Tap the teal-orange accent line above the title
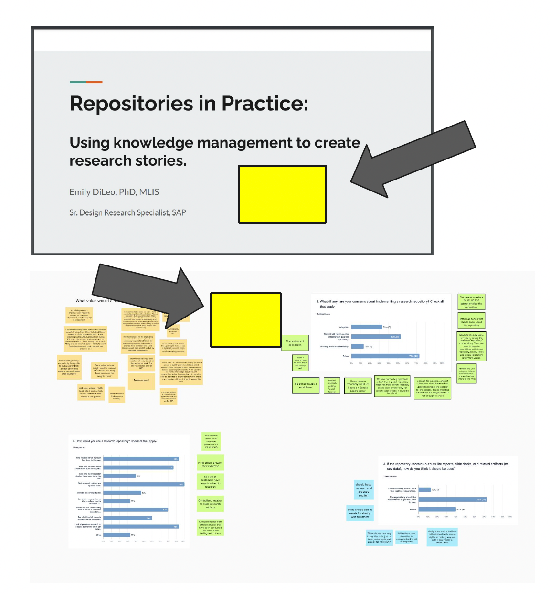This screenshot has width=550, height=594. (86, 82)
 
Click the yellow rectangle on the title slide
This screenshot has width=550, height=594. (282, 194)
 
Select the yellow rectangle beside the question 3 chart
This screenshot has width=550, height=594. (245, 319)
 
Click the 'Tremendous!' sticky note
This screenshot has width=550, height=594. (141, 381)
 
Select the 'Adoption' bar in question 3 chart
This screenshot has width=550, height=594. (367, 327)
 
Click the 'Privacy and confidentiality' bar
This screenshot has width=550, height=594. (357, 346)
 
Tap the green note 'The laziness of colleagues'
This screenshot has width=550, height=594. (295, 343)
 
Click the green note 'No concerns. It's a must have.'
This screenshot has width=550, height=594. (306, 385)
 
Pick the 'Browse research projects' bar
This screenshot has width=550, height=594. (122, 493)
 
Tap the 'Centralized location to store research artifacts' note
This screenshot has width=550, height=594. (210, 503)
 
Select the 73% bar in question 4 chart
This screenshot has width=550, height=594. (452, 499)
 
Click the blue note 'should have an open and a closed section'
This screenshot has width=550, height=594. (363, 490)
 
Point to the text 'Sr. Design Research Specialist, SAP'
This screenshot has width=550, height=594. (127, 212)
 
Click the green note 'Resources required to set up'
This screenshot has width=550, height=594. (471, 302)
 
